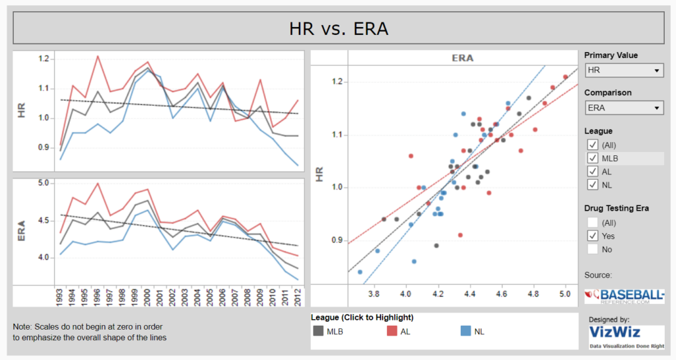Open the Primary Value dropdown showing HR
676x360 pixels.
(624, 70)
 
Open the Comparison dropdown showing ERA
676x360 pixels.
(624, 108)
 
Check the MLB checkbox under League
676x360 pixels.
(593, 159)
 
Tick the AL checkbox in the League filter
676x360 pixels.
(593, 172)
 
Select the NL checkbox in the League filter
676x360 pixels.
(593, 185)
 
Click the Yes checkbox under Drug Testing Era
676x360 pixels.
(593, 236)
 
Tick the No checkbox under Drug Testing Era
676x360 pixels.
(593, 249)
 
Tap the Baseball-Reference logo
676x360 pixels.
(624, 295)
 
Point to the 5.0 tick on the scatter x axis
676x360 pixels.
(565, 294)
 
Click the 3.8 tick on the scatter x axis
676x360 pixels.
(374, 294)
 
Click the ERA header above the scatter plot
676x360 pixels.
(462, 58)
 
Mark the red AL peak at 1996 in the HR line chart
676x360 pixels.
(98, 56)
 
